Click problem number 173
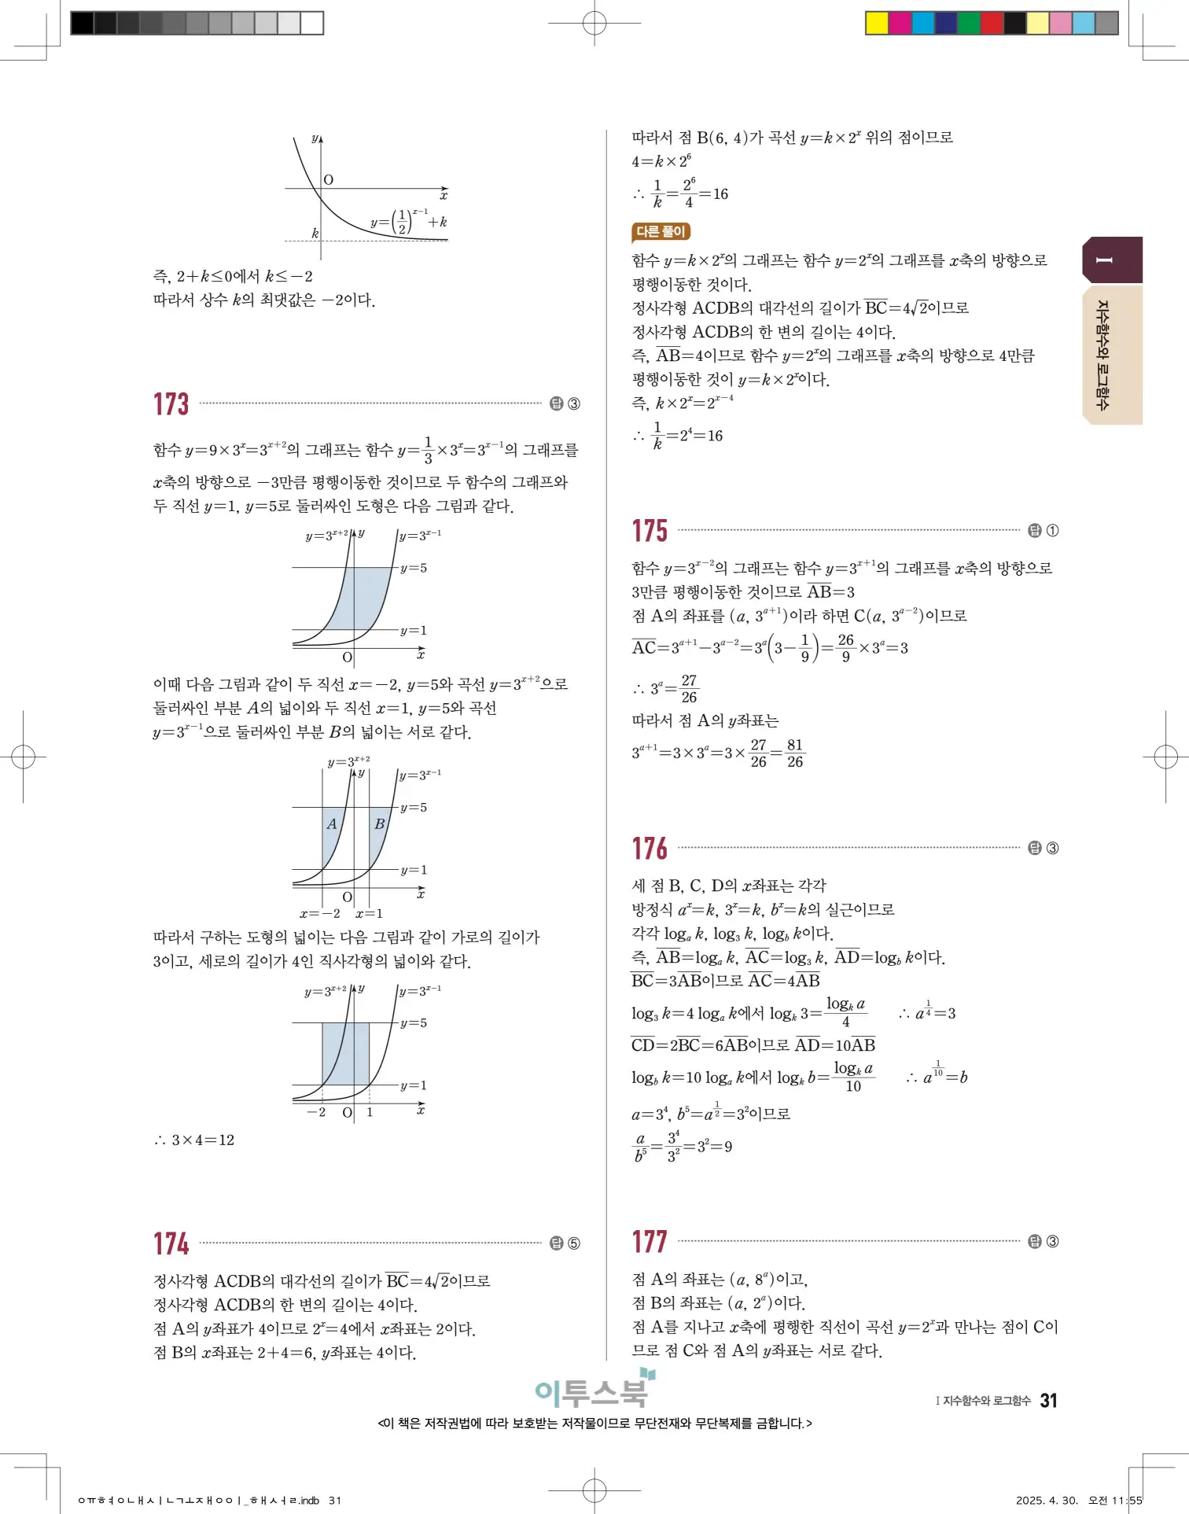[x=171, y=404]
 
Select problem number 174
[x=171, y=1243]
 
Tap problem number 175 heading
[x=650, y=531]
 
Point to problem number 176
[x=650, y=849]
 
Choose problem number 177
[x=650, y=1242]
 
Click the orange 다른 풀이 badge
[x=661, y=232]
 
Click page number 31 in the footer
[x=1048, y=1401]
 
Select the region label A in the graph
[x=332, y=824]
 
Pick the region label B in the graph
[x=379, y=824]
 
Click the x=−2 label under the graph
[x=320, y=914]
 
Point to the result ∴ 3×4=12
[x=194, y=1140]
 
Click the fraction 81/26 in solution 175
[x=795, y=753]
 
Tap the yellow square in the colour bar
[x=876, y=23]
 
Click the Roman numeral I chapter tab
[x=1105, y=260]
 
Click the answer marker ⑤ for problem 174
[x=573, y=1243]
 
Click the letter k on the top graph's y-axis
[x=315, y=234]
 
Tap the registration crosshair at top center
[x=594, y=23]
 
